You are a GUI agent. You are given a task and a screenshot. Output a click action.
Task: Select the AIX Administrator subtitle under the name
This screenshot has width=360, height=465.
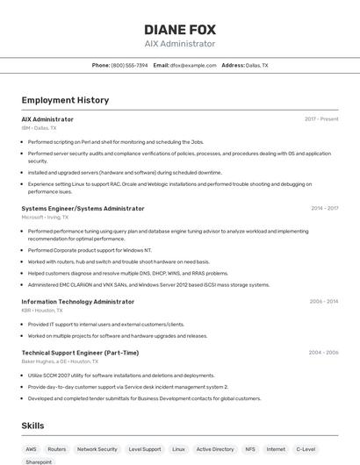[x=179, y=44]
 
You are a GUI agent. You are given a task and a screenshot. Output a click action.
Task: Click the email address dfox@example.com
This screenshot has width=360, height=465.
[x=192, y=65]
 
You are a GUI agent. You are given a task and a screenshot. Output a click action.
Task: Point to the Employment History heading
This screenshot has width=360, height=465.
[x=65, y=100]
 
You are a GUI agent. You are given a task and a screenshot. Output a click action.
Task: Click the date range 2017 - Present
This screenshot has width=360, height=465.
[x=321, y=118]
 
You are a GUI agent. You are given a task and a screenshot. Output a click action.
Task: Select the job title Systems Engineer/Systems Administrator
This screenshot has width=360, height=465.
[x=83, y=208]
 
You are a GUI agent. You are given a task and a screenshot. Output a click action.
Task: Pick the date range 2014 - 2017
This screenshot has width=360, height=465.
[x=324, y=208]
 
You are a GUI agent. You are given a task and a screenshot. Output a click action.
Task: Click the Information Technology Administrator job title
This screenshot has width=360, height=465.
[x=78, y=301]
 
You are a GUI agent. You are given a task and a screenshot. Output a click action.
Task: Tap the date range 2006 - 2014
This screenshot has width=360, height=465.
[x=324, y=301]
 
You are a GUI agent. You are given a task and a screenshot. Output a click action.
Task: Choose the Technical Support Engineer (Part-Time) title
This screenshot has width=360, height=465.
[x=80, y=352]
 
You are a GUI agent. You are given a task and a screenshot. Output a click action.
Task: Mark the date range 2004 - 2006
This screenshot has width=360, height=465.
[x=323, y=352]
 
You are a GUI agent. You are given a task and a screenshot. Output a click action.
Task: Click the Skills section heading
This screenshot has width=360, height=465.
[x=33, y=426]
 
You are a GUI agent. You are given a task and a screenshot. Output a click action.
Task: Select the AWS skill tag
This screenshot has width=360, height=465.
[x=32, y=448]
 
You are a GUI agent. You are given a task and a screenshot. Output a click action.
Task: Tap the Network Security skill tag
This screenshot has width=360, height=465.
[x=97, y=448]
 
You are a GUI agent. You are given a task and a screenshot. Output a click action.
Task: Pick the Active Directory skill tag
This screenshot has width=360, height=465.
[x=215, y=448]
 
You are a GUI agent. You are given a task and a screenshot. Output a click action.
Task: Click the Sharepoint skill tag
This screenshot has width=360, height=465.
[x=39, y=461]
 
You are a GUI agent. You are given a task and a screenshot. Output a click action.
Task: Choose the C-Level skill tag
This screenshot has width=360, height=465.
[x=306, y=448]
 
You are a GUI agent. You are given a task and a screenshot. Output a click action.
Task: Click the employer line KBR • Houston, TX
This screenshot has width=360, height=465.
[x=42, y=310]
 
